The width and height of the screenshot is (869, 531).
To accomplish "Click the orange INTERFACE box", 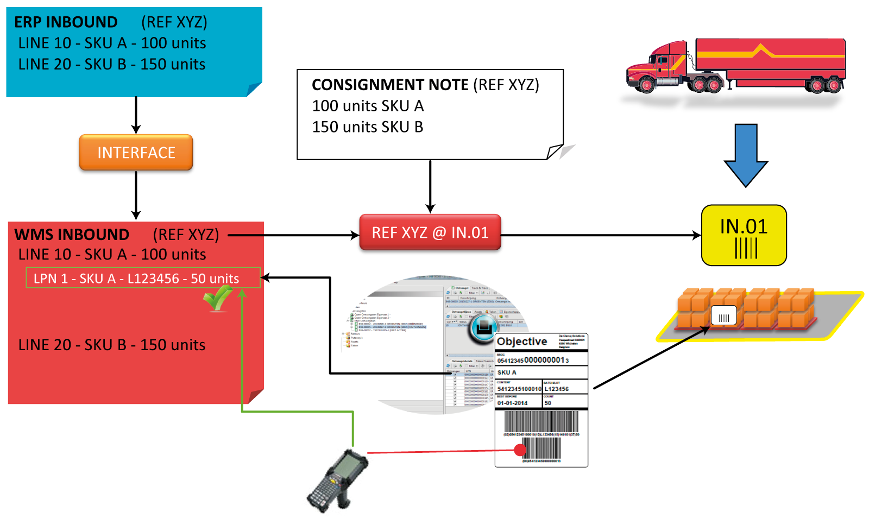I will (136, 153).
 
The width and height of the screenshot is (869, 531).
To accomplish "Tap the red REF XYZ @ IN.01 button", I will (430, 233).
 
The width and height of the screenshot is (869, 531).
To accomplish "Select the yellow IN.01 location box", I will (744, 235).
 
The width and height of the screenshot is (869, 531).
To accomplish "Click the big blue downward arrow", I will (746, 155).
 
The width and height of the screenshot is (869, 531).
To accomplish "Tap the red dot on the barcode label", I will (520, 450).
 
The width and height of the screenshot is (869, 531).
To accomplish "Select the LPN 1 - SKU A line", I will (136, 279).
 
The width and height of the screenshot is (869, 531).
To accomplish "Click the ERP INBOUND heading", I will (66, 22).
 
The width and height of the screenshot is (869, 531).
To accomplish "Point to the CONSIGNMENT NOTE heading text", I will (390, 85).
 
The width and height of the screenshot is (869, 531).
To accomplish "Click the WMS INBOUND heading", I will (72, 235).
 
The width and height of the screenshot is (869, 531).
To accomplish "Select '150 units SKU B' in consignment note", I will (368, 127).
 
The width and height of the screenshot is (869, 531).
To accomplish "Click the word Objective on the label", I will (522, 342).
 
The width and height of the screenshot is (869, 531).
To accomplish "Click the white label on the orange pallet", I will (723, 315).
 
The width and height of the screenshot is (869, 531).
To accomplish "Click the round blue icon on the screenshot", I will (482, 328).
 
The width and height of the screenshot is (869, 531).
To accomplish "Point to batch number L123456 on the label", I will (557, 389).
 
